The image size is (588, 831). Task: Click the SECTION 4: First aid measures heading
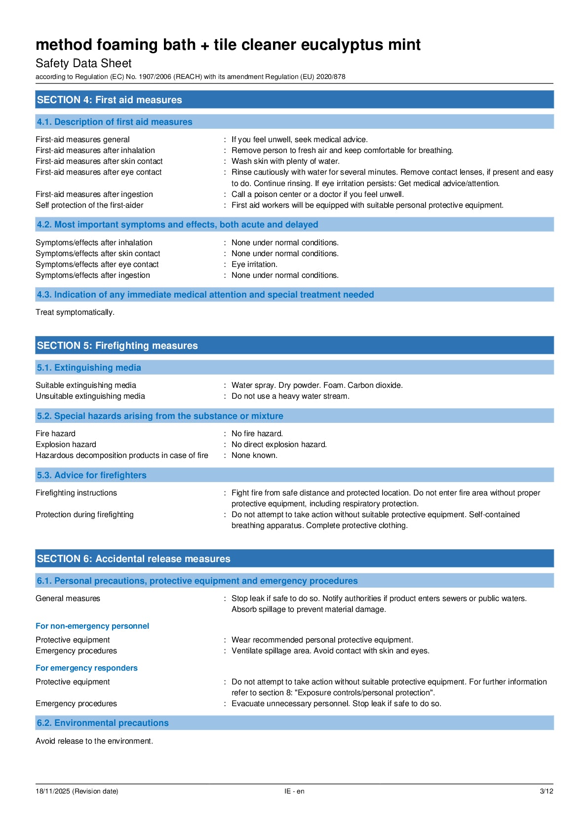coord(109,100)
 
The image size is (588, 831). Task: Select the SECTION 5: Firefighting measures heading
coord(117,345)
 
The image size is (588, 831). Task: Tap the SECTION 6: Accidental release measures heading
coord(133,559)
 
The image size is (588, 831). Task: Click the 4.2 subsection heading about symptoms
coord(177,225)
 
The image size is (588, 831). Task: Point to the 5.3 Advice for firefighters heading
coord(91,475)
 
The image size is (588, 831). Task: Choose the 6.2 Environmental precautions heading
coord(103,723)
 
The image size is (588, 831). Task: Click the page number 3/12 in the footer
coord(546,791)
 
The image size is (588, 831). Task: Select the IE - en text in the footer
coord(294,791)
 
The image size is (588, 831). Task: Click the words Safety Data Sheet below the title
coord(83,63)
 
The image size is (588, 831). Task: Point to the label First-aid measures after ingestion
coord(94,194)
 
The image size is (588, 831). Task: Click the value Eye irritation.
coord(254,264)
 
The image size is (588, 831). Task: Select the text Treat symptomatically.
coord(75,312)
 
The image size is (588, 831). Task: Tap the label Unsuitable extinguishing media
coord(90,396)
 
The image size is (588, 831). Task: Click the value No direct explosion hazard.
coord(279,445)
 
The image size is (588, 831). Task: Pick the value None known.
coord(254,455)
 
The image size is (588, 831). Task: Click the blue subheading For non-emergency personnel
coord(92,626)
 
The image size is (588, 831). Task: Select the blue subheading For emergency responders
coord(86,668)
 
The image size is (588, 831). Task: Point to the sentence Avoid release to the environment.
coord(94,741)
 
